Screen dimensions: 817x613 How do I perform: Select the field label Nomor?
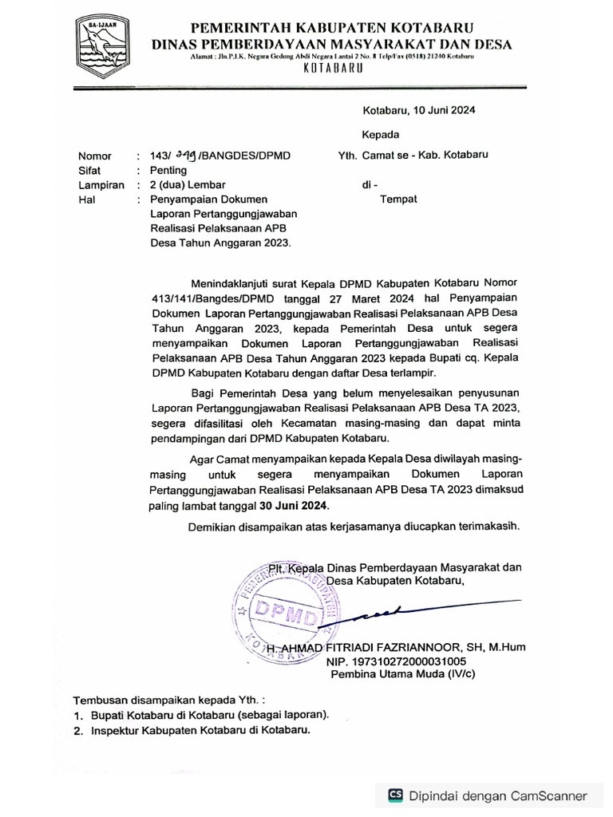coord(95,156)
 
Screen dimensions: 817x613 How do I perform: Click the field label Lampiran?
coord(101,185)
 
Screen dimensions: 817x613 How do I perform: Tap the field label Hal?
coord(86,199)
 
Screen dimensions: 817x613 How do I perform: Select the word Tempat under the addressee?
coord(397,199)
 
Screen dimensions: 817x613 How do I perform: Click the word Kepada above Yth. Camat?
coord(381,134)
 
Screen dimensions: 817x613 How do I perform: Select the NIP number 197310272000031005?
coord(395,661)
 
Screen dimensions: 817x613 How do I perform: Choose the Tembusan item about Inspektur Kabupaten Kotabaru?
coord(200,730)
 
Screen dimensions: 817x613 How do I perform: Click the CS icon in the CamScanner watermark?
coord(395,795)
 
